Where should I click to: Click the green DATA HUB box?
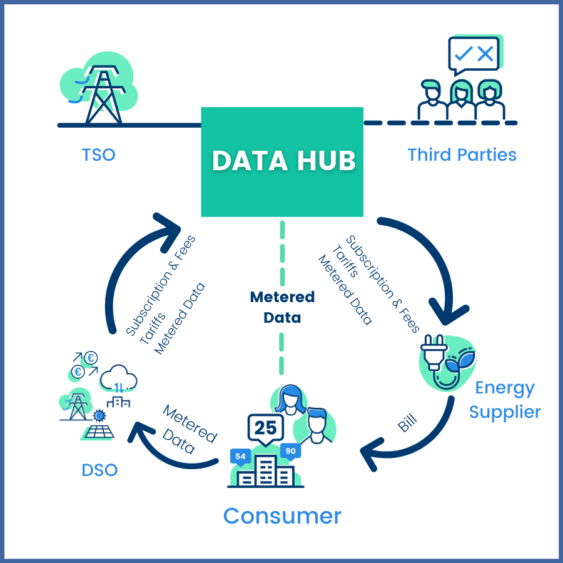coord(282,162)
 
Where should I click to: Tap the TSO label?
coord(99,155)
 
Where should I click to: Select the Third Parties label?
coord(462,155)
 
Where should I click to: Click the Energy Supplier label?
coord(505,400)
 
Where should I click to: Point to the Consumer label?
coord(282,516)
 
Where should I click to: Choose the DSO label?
coord(99,470)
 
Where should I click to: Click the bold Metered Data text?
coord(282,307)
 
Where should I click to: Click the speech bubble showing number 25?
coord(266,429)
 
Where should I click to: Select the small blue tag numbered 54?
coord(240,457)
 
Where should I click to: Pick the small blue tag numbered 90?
coord(290,451)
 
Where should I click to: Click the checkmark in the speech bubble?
coord(464,54)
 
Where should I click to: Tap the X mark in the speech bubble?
coord(485,54)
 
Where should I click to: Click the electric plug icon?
coord(435,352)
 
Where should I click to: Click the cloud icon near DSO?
coord(118,378)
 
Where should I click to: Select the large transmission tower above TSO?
coord(103,94)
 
